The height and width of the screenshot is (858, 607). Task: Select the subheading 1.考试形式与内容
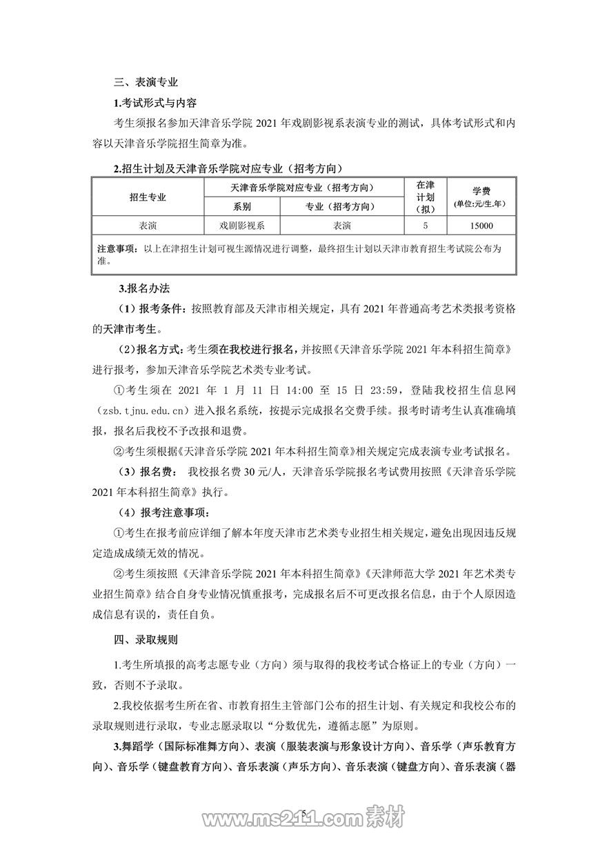tap(155, 103)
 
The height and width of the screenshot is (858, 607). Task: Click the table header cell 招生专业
tap(148, 197)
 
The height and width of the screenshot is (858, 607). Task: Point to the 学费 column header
tap(481, 191)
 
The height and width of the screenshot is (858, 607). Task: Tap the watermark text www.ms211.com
tap(289, 820)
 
